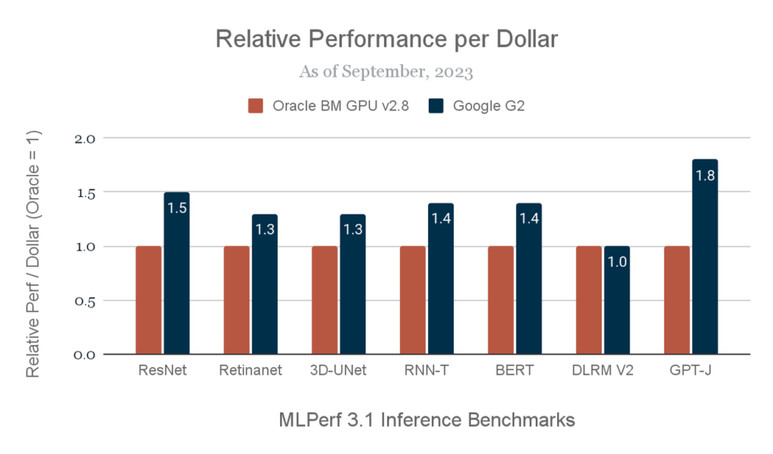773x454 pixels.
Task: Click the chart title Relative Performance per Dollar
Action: [386, 39]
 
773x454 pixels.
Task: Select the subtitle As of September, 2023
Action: [386, 73]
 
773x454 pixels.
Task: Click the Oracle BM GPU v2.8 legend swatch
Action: [255, 106]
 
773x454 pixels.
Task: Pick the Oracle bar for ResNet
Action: [149, 300]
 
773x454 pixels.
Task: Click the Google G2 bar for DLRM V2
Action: [617, 300]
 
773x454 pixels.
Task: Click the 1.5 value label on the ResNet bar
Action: [177, 208]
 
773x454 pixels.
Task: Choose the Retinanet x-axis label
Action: [251, 371]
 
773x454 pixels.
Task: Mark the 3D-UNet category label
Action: [339, 371]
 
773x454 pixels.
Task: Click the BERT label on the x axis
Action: [515, 371]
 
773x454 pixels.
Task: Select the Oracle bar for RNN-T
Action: [413, 300]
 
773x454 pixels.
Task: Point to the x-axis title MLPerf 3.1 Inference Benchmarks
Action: [427, 419]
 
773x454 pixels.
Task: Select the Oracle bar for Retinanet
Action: [236, 300]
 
